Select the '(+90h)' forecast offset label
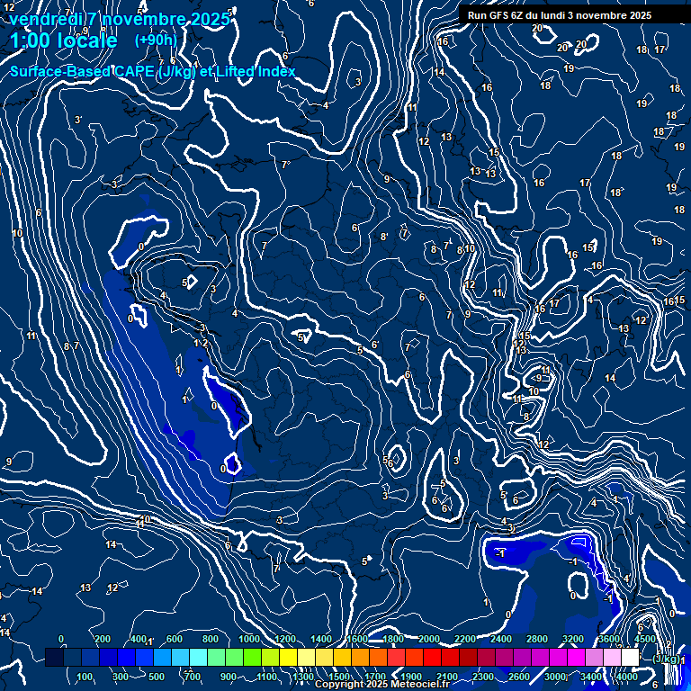pyautogui.click(x=156, y=40)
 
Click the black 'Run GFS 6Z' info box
pyautogui.click(x=555, y=15)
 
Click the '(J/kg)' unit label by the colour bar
pyautogui.click(x=666, y=659)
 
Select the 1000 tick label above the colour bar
pyautogui.click(x=249, y=639)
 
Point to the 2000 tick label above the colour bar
pyautogui.click(x=429, y=639)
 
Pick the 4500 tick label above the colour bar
pyautogui.click(x=644, y=639)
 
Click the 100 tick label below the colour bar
pyautogui.click(x=85, y=677)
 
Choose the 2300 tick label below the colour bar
pyautogui.click(x=482, y=677)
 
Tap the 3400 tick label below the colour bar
pyautogui.click(x=591, y=677)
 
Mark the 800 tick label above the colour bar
pyautogui.click(x=213, y=639)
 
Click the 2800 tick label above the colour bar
pyautogui.click(x=537, y=639)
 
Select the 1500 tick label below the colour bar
pyautogui.click(x=339, y=677)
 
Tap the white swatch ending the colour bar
pyautogui.click(x=631, y=658)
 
